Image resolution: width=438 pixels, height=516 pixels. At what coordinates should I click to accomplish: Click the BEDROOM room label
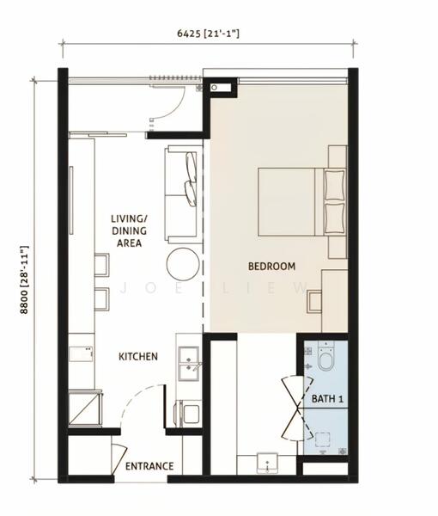(x=271, y=266)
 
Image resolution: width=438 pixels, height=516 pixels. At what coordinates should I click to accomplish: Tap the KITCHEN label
(x=138, y=356)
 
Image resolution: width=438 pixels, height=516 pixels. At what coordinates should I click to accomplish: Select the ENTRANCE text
(x=149, y=466)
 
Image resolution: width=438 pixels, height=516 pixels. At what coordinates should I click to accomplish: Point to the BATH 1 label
(x=327, y=399)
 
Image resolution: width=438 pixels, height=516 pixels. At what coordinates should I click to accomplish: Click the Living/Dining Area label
(x=129, y=230)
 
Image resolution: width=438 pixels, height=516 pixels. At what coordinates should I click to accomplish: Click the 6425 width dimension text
(x=208, y=34)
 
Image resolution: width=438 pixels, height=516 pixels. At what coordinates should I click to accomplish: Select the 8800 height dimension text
(x=25, y=279)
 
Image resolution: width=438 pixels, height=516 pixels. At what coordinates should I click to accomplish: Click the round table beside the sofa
(x=183, y=264)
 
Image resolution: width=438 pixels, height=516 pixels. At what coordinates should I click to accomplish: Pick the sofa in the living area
(x=183, y=195)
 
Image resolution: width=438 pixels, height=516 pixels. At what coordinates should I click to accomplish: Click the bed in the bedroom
(x=302, y=202)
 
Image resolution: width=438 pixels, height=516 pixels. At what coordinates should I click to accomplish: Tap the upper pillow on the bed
(x=335, y=185)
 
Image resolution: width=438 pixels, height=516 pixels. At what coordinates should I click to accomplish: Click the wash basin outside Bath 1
(x=267, y=464)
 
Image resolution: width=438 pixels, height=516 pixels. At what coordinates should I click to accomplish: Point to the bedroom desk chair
(x=314, y=302)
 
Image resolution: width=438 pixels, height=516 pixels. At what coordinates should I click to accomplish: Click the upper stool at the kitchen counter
(x=101, y=265)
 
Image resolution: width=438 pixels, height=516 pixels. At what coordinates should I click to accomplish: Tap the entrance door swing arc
(x=137, y=395)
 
